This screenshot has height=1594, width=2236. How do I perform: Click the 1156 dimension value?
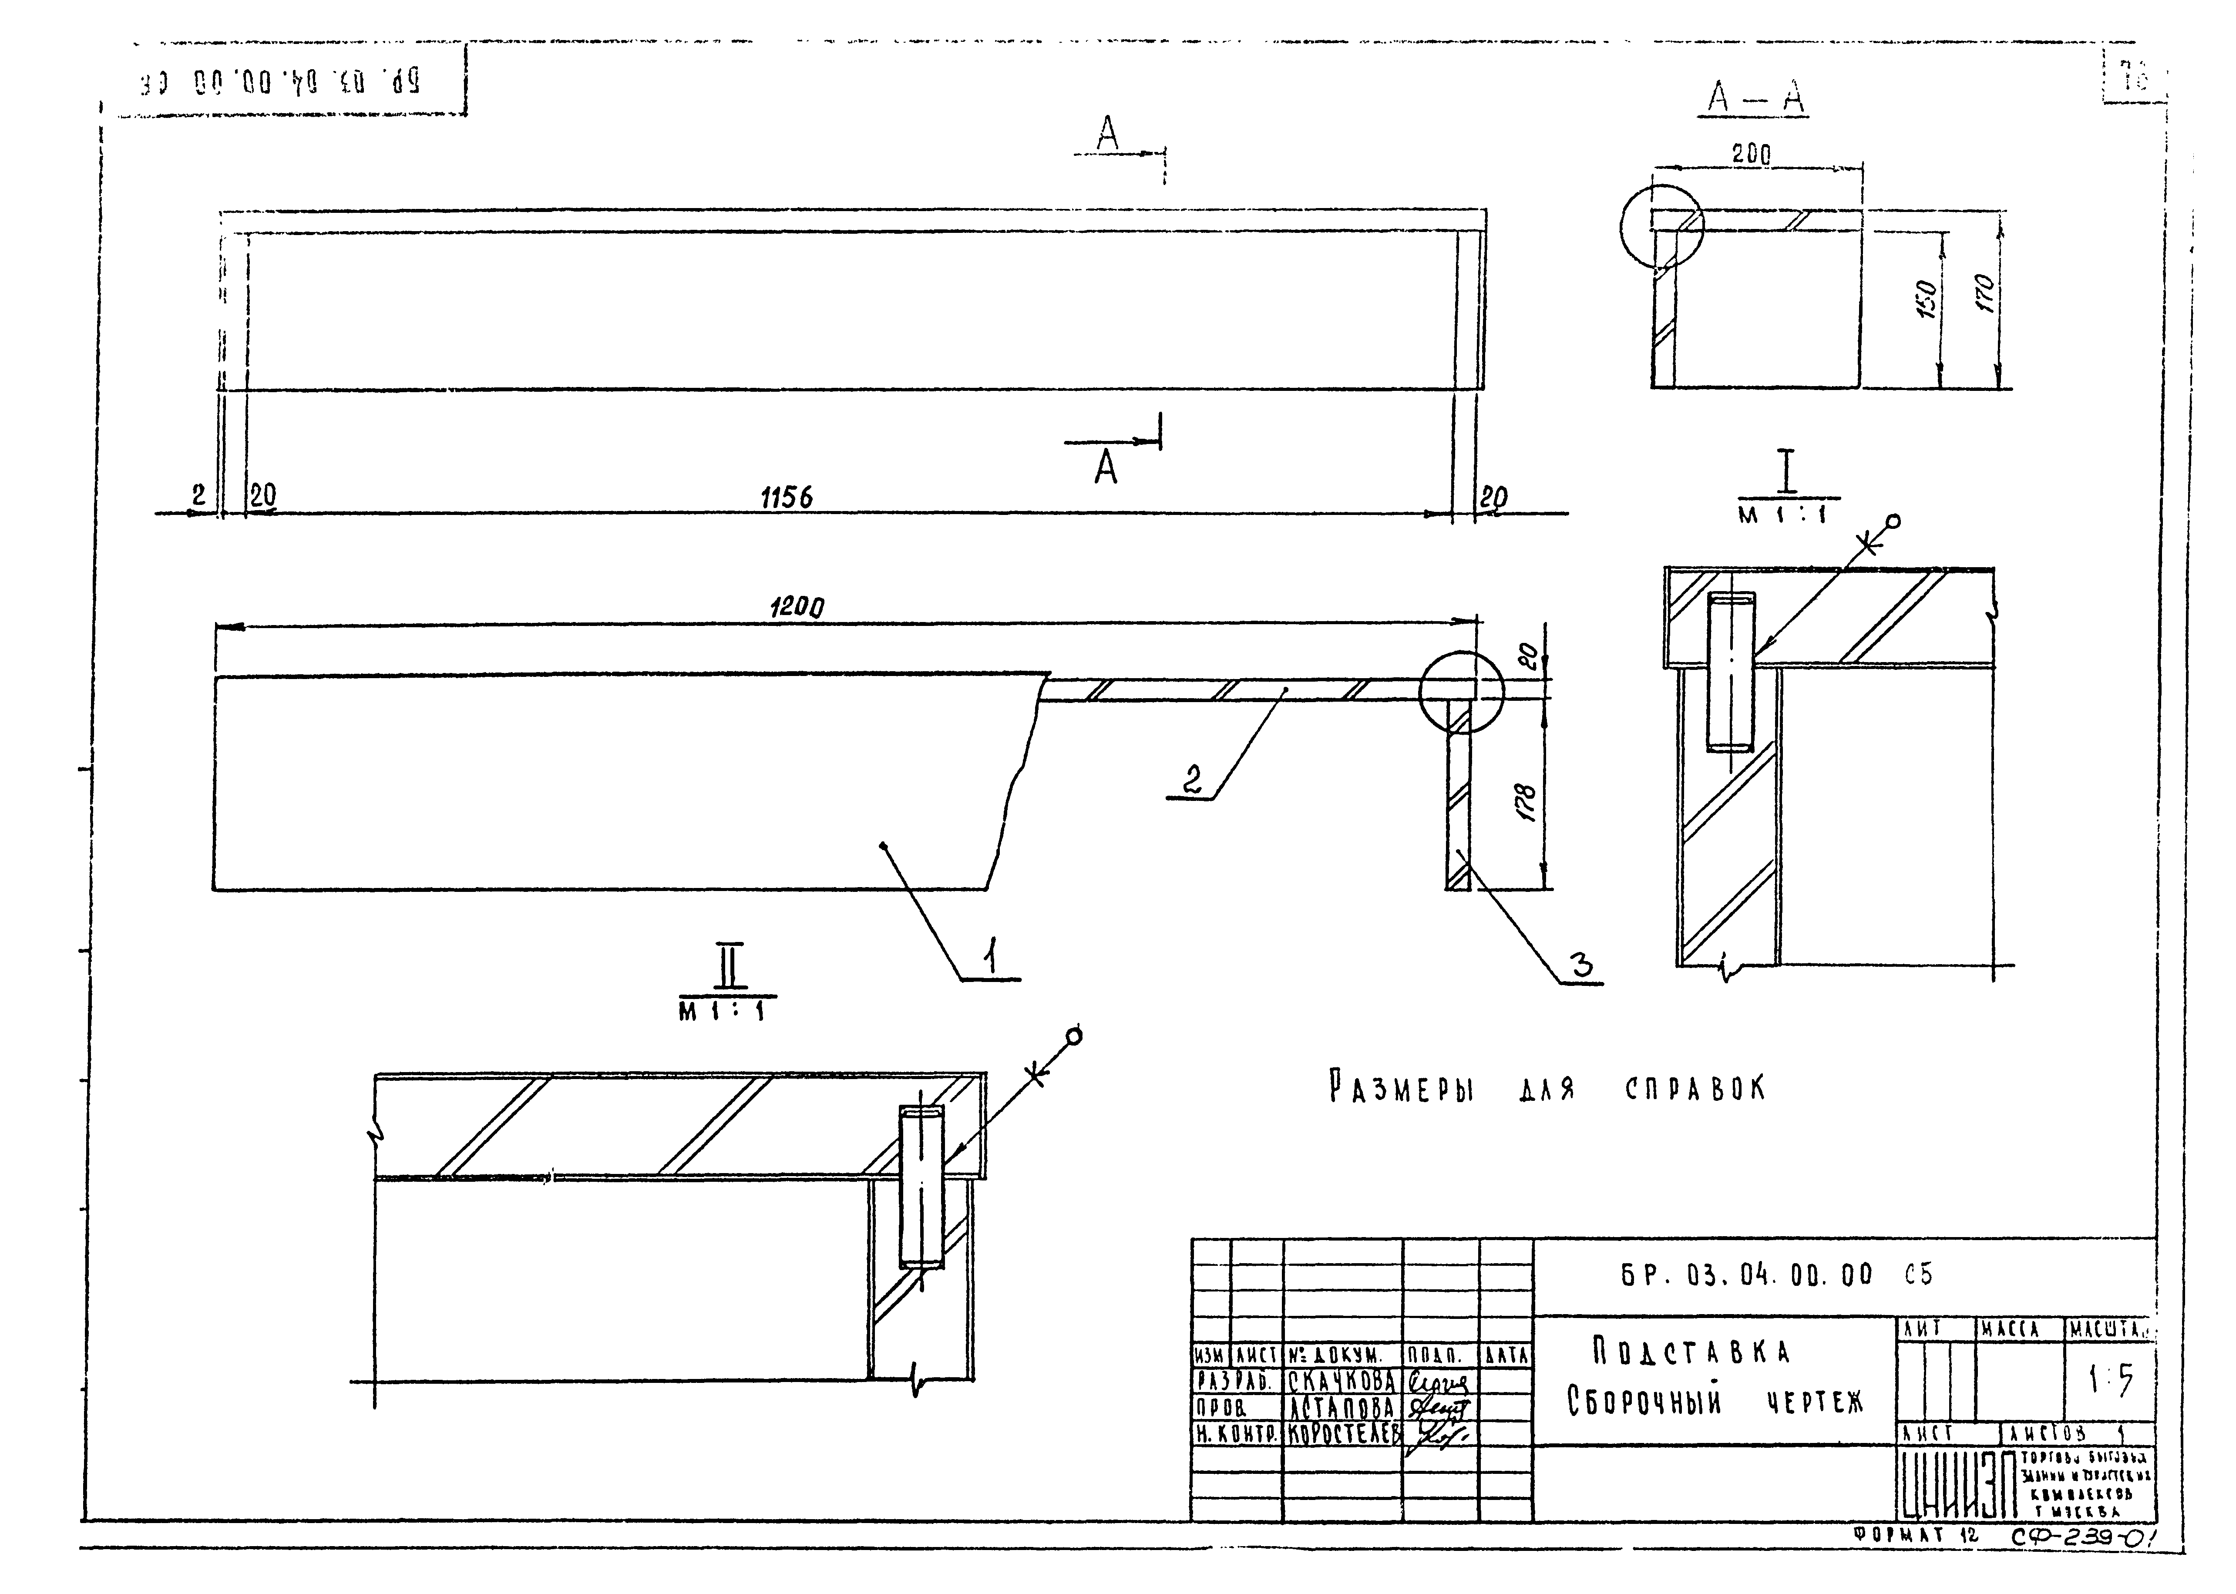[x=786, y=498]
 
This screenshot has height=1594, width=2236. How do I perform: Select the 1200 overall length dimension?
[x=796, y=608]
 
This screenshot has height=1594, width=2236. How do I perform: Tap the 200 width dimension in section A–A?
[x=1751, y=154]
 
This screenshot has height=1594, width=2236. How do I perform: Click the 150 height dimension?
[x=1927, y=296]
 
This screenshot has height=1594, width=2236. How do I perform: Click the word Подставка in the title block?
[x=1690, y=1352]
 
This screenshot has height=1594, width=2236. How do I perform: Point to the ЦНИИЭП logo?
[x=1955, y=1487]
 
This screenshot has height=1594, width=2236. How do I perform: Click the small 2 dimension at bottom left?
[x=199, y=496]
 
